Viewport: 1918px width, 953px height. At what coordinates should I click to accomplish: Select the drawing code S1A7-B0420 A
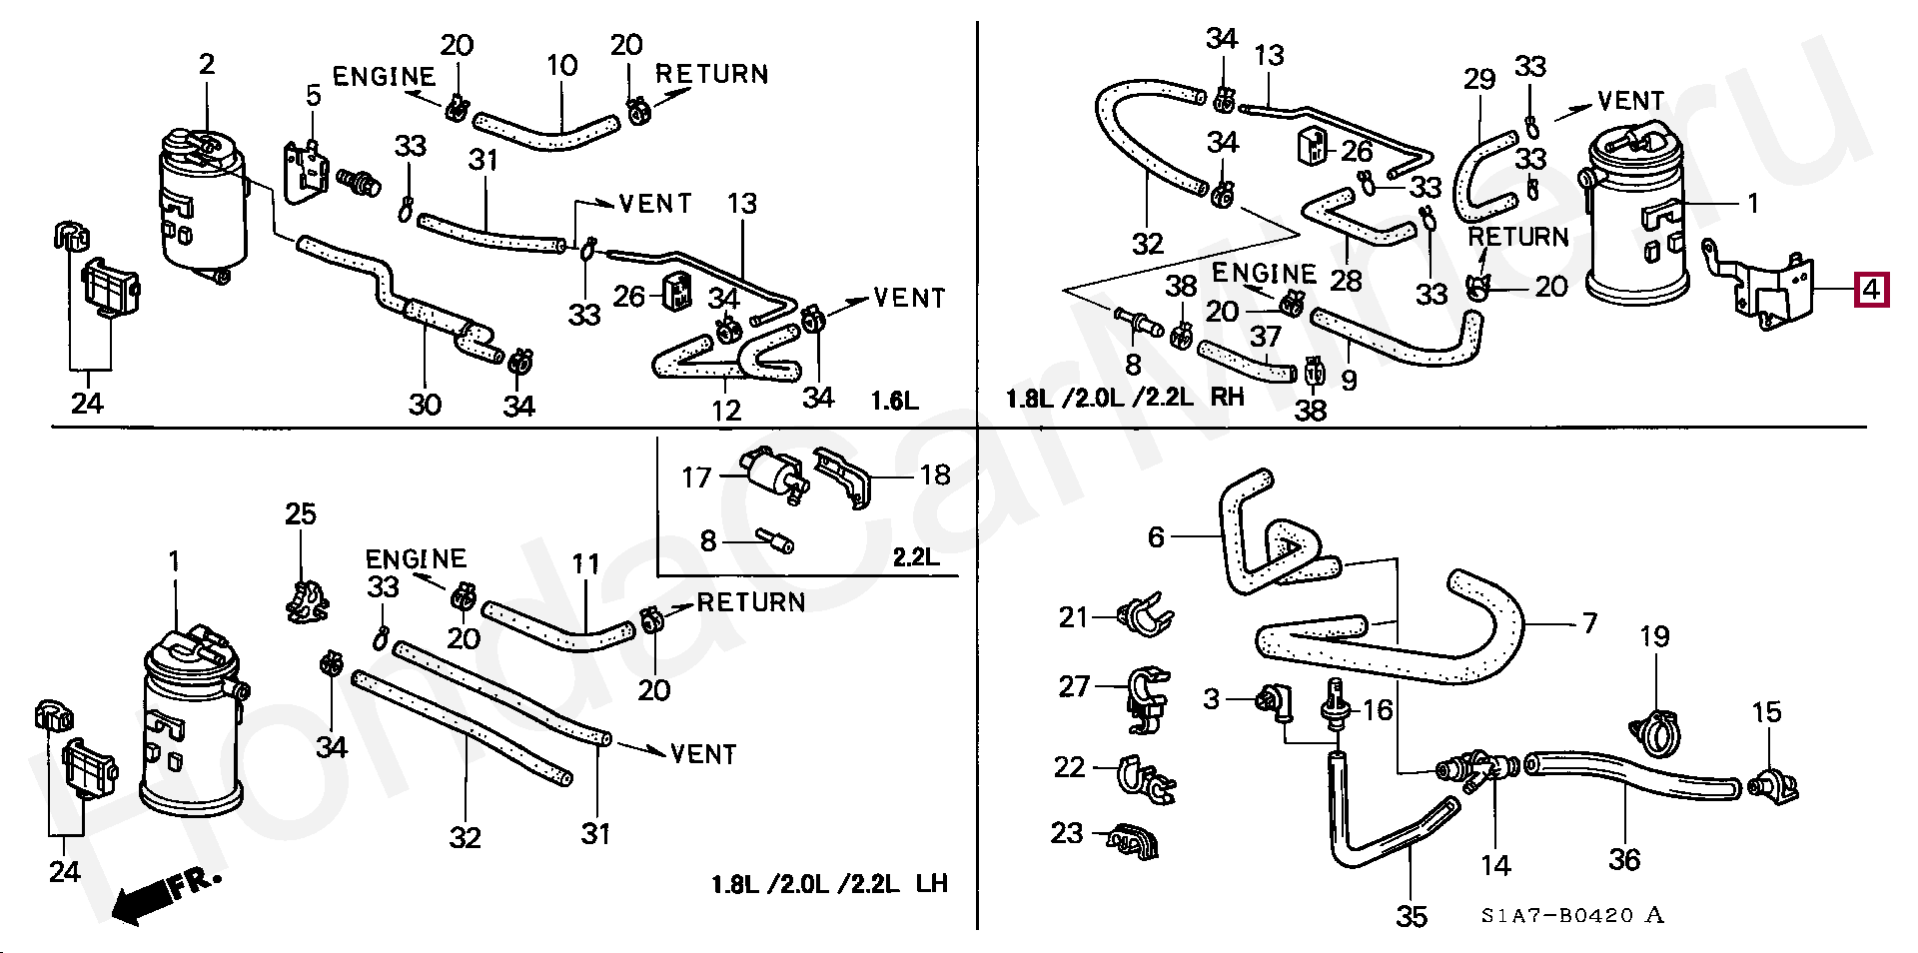tap(1573, 915)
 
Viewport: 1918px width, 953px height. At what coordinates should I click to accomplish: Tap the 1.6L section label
tap(894, 402)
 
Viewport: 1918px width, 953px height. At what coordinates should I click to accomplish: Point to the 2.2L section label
tap(916, 557)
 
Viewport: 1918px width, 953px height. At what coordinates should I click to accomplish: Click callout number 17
tap(696, 477)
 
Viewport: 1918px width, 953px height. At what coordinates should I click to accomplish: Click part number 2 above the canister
tap(207, 65)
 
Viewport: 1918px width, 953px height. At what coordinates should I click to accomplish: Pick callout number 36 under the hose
tap(1625, 859)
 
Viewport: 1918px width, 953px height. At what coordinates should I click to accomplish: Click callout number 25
tap(301, 514)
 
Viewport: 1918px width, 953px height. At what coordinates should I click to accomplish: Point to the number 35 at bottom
tap(1412, 916)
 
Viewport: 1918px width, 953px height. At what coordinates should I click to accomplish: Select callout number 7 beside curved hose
tap(1589, 623)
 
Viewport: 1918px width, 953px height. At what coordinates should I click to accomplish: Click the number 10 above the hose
tap(562, 66)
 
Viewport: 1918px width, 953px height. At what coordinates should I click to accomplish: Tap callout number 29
tap(1479, 79)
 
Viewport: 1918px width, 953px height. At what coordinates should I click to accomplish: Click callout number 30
tap(425, 404)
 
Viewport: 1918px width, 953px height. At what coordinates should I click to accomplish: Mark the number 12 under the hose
tap(726, 410)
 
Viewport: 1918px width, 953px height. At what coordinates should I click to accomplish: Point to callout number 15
tap(1767, 712)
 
